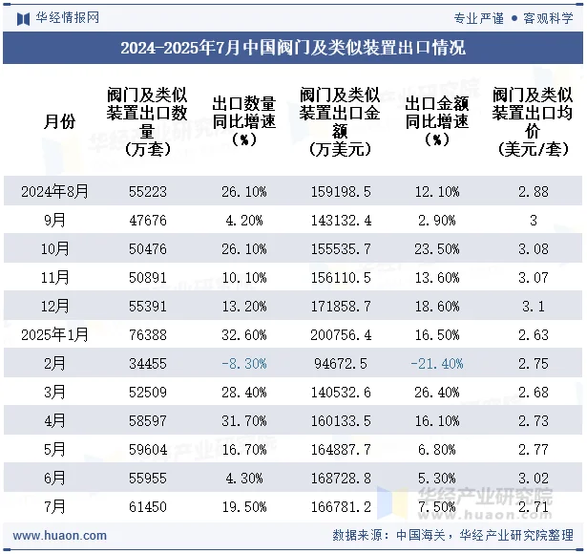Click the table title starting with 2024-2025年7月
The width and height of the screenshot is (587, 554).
[293, 48]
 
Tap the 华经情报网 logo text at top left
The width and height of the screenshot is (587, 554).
[66, 17]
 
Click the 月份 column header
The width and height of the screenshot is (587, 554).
[59, 121]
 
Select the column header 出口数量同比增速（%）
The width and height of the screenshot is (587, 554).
[243, 121]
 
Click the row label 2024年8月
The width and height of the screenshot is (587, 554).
[55, 192]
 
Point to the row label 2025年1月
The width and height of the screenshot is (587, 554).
[55, 335]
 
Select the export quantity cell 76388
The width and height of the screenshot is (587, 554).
[148, 335]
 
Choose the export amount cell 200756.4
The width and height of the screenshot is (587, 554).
[341, 335]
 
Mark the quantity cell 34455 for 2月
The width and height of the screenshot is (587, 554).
[148, 364]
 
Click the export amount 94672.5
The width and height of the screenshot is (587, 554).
[341, 364]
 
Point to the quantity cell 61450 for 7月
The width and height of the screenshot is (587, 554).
[148, 507]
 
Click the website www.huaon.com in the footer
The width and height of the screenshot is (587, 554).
[60, 537]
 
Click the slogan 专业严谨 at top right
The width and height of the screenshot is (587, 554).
[478, 17]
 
